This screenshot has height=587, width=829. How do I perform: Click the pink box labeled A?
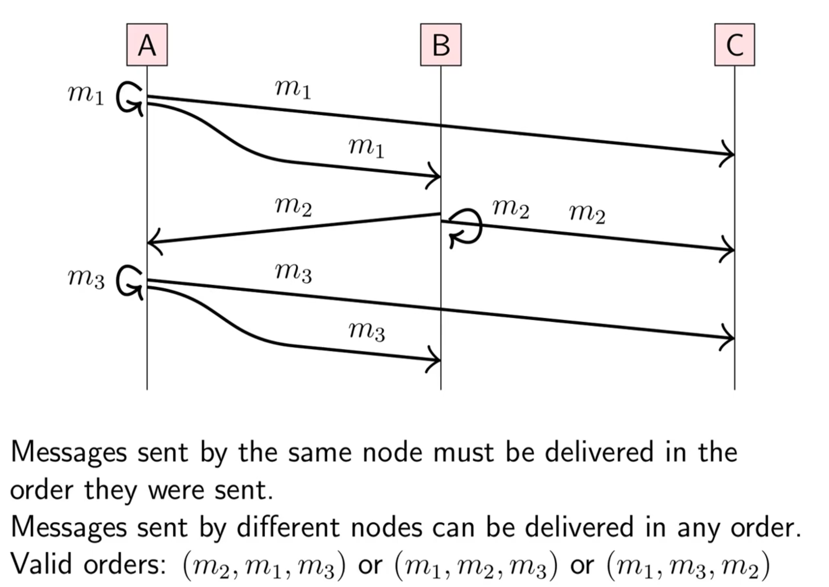(147, 45)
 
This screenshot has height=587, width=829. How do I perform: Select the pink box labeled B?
(441, 45)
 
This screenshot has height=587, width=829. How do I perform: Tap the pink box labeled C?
(734, 45)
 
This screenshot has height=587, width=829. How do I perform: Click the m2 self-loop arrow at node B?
(467, 228)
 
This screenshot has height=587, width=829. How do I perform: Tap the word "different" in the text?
(288, 527)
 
